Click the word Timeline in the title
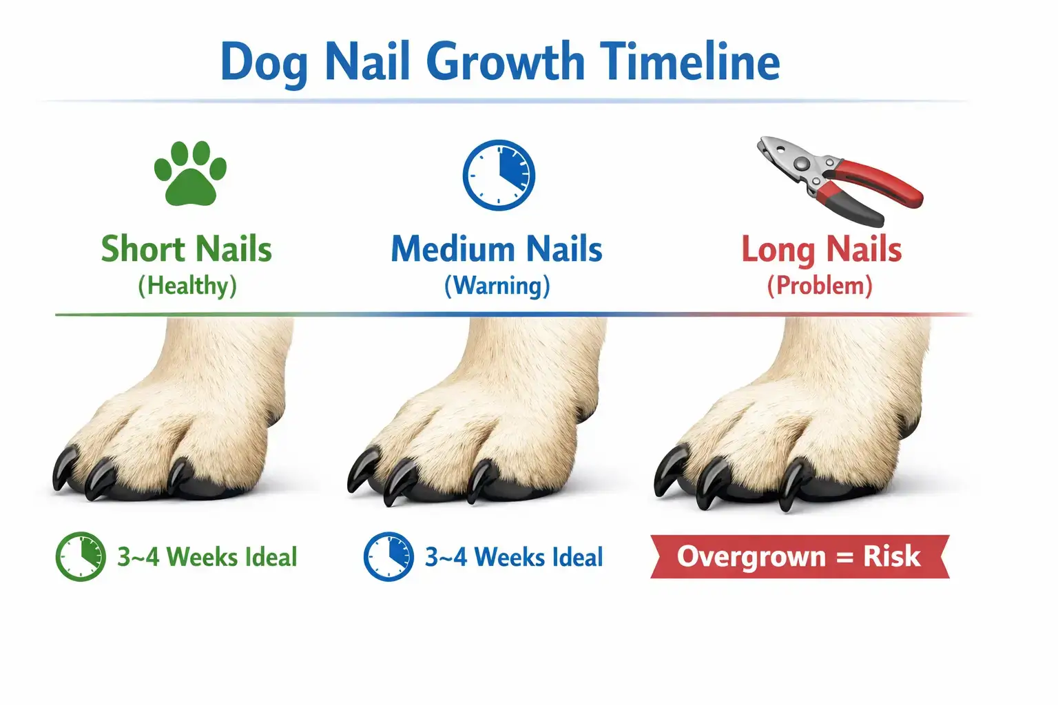tap(691, 62)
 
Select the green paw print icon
tap(190, 173)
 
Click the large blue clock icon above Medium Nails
tap(499, 176)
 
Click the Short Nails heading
tap(187, 249)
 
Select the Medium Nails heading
tap(497, 249)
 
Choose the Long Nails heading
tap(821, 249)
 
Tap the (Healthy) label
tap(187, 286)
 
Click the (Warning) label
tap(497, 286)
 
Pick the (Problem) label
tap(820, 286)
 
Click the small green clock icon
tap(81, 556)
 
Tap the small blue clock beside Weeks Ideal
tap(388, 556)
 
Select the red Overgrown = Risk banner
tap(799, 556)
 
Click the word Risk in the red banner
tap(891, 556)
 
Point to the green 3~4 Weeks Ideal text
tap(207, 556)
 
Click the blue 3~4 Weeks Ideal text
tap(514, 556)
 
